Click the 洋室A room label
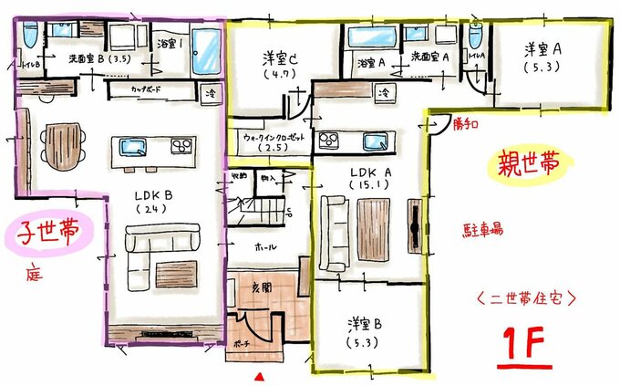(x=547, y=47)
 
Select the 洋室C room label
(x=274, y=57)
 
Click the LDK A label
(x=362, y=172)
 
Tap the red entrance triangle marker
(x=260, y=376)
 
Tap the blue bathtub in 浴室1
(x=206, y=45)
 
